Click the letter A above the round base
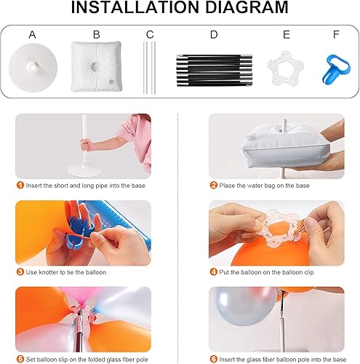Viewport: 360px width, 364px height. pyautogui.click(x=32, y=34)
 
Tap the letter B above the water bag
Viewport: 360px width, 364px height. pyautogui.click(x=97, y=34)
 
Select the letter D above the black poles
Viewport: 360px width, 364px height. pyautogui.click(x=213, y=34)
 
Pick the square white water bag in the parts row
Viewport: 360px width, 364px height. pyautogui.click(x=97, y=67)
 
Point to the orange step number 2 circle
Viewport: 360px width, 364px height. pyautogui.click(x=213, y=185)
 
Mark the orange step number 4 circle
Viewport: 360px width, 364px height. pyautogui.click(x=213, y=272)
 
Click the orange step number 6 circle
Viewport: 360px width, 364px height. pyautogui.click(x=213, y=359)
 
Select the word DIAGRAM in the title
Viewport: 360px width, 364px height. pyautogui.click(x=244, y=9)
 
